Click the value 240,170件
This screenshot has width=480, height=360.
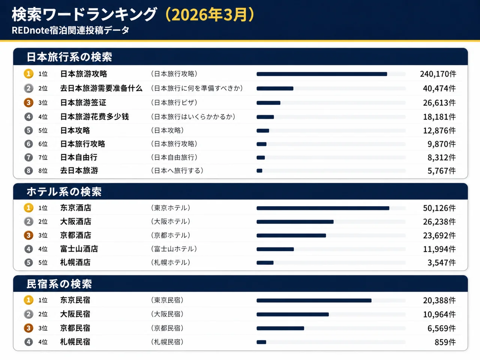click(x=438, y=74)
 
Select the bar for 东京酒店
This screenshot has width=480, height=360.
click(x=322, y=208)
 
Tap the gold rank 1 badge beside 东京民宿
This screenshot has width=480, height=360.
click(x=28, y=300)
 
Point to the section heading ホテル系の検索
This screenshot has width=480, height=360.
click(x=64, y=192)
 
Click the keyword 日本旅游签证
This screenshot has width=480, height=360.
click(x=83, y=102)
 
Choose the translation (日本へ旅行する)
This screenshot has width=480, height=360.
click(x=177, y=171)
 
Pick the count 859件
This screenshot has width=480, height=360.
click(x=445, y=342)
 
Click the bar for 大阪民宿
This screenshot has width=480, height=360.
click(x=292, y=314)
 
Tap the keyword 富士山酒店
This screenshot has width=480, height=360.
click(x=79, y=249)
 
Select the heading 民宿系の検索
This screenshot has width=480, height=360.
click(x=59, y=284)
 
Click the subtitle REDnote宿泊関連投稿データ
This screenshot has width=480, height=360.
click(x=70, y=30)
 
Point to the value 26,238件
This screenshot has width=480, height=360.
click(x=439, y=222)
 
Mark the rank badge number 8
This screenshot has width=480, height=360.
click(x=28, y=171)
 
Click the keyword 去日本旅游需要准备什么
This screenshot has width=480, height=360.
click(x=101, y=88)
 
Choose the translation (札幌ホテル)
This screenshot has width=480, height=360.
click(x=171, y=262)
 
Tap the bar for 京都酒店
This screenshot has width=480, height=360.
click(x=291, y=235)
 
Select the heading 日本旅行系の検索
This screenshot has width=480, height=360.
click(x=69, y=57)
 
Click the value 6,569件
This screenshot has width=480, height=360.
click(x=441, y=328)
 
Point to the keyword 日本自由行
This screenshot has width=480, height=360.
click(x=79, y=157)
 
